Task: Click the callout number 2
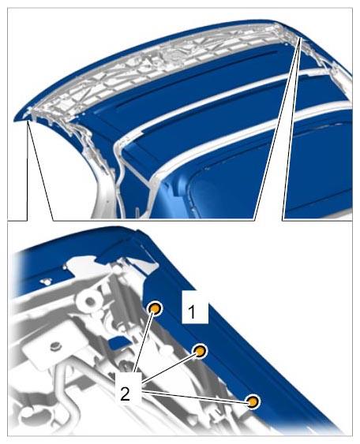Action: [x=126, y=393]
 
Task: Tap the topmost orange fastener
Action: [x=156, y=308]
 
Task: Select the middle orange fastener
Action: [x=200, y=351]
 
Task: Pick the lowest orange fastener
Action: [x=253, y=402]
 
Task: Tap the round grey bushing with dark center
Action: [x=90, y=301]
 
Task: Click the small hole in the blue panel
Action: [x=45, y=282]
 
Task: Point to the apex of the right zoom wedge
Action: [x=301, y=38]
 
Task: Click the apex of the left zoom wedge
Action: [x=28, y=121]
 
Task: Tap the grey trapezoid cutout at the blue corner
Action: [x=143, y=264]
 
